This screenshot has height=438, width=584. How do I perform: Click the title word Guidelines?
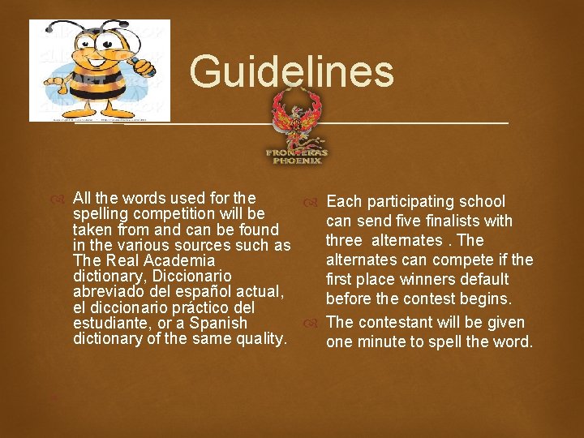point(292,71)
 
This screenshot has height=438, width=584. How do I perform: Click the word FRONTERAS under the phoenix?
point(297,152)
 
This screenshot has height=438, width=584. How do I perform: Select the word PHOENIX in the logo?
point(297,161)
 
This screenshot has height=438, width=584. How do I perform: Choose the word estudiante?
point(112,324)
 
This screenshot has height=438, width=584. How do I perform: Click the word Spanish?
point(218,324)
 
